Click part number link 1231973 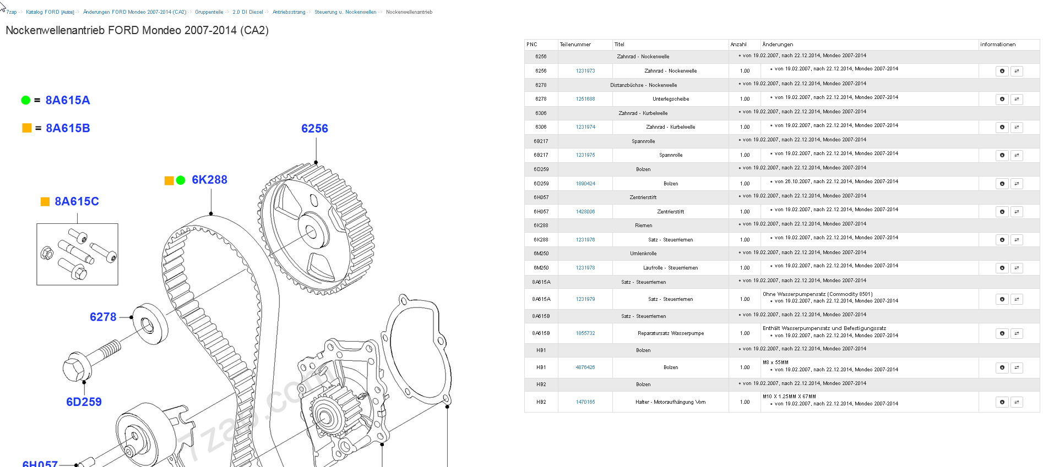pos(585,71)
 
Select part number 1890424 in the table pos(585,184)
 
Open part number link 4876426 pos(585,367)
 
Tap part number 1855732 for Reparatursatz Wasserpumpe pos(585,333)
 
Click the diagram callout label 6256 pos(314,129)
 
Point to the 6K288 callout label pos(209,180)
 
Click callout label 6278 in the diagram pos(103,317)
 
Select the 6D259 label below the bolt pos(84,402)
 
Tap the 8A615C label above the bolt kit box pos(77,201)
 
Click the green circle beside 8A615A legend pos(25,100)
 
